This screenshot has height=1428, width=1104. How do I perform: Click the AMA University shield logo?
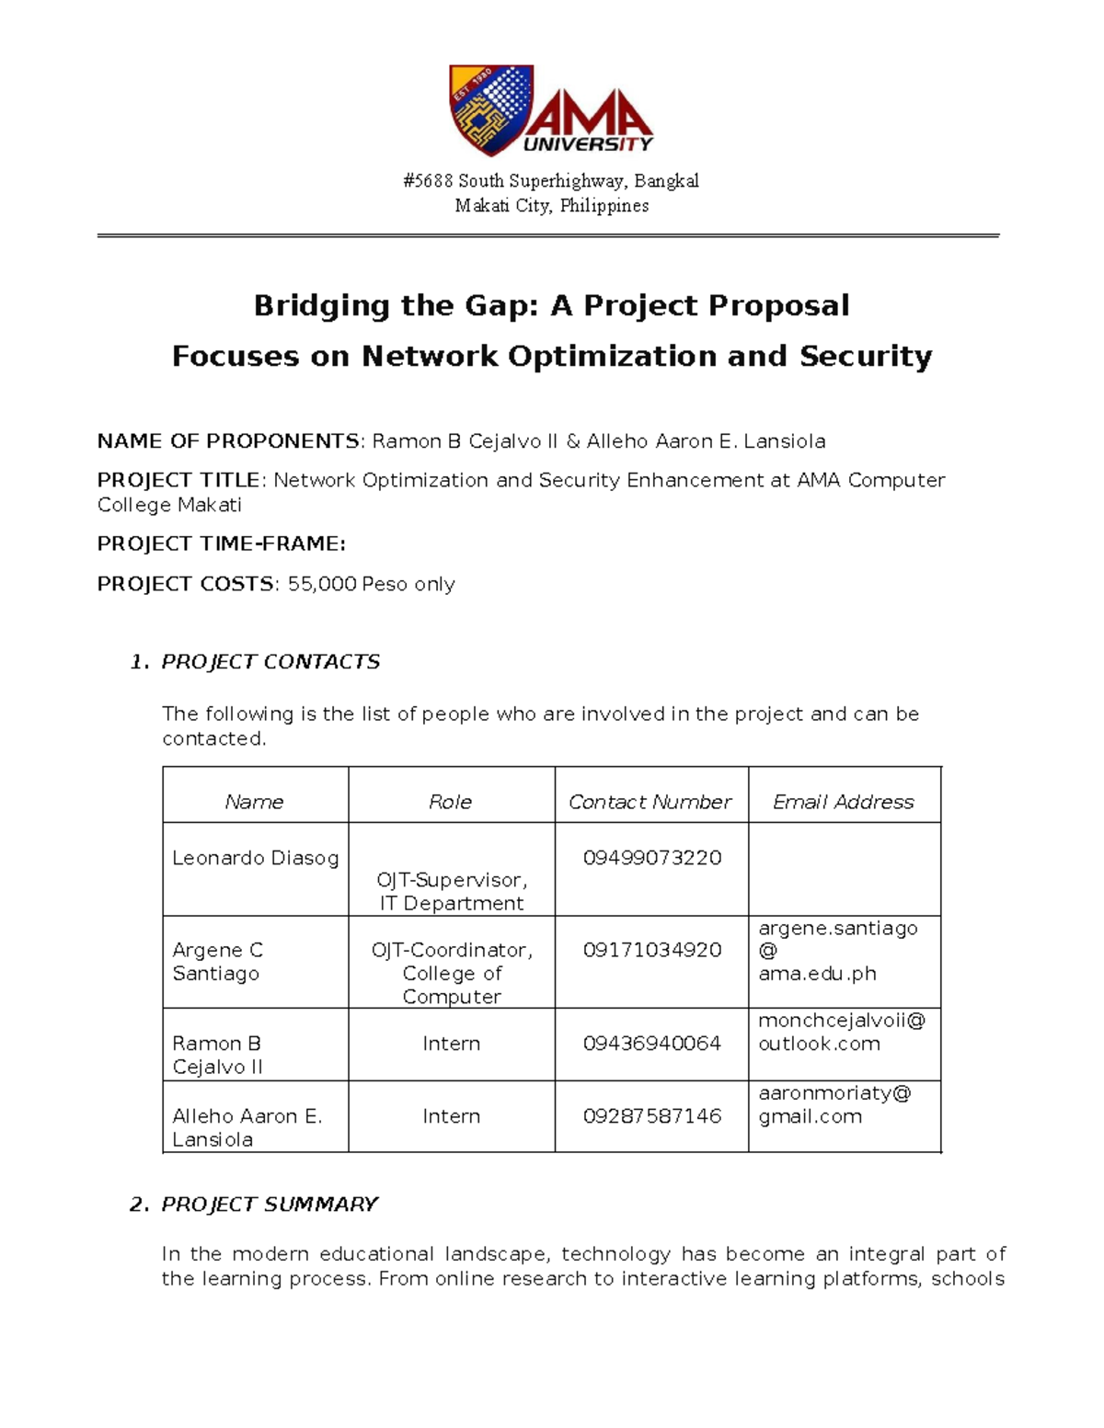click(490, 109)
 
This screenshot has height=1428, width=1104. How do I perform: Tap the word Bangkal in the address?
click(673, 181)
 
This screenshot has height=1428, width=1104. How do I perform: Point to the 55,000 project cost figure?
click(321, 584)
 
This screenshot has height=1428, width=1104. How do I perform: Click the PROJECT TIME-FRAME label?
click(221, 543)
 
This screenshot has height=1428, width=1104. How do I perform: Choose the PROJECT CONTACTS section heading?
click(270, 662)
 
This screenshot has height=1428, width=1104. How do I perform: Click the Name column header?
click(254, 802)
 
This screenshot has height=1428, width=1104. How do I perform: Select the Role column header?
click(450, 802)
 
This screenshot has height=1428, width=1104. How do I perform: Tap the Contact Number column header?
click(650, 802)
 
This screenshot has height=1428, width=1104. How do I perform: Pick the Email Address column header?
click(843, 802)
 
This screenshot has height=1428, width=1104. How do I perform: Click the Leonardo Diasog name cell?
click(255, 858)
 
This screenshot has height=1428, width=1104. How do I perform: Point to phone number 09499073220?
click(651, 858)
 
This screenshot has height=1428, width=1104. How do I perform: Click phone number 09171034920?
click(651, 950)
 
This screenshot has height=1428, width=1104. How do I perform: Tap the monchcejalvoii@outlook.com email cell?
click(842, 1032)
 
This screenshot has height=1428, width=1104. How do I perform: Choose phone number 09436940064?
click(651, 1044)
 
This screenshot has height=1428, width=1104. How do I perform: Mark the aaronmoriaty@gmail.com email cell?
click(834, 1104)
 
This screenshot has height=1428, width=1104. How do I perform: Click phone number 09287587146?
click(651, 1116)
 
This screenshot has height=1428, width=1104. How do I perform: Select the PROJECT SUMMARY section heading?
click(269, 1205)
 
